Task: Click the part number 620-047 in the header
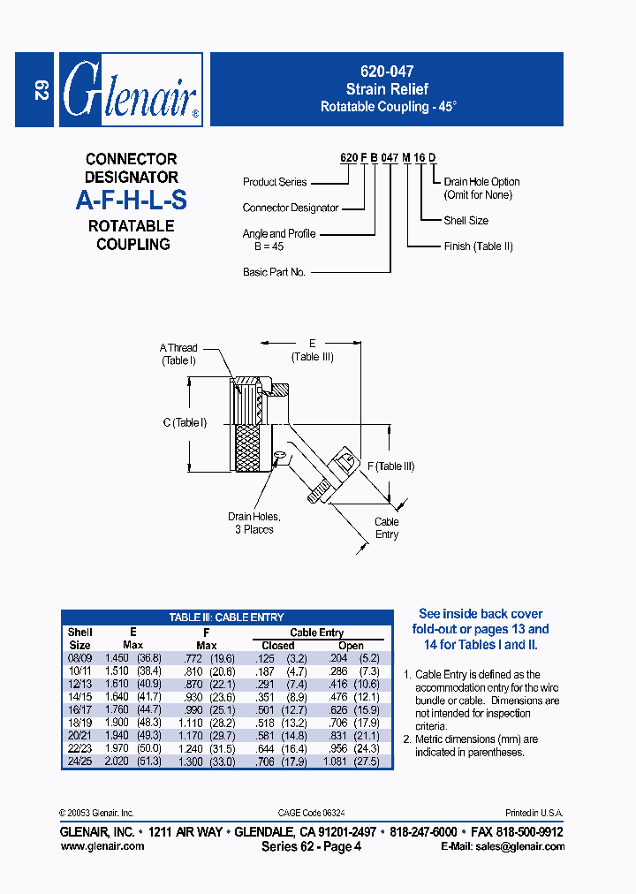click(386, 72)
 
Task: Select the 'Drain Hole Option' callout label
click(481, 183)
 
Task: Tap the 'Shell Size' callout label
click(466, 221)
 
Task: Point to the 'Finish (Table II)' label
click(478, 246)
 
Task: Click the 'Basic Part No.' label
click(274, 272)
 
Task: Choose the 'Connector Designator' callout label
click(291, 208)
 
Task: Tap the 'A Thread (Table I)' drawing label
click(178, 354)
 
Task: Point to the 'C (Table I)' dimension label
click(184, 423)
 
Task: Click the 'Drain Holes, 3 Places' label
click(254, 523)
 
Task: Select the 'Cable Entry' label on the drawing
click(386, 528)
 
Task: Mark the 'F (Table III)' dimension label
click(390, 466)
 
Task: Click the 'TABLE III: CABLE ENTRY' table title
click(226, 617)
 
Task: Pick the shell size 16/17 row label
click(79, 709)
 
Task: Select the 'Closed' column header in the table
click(278, 646)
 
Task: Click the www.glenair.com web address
click(102, 846)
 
